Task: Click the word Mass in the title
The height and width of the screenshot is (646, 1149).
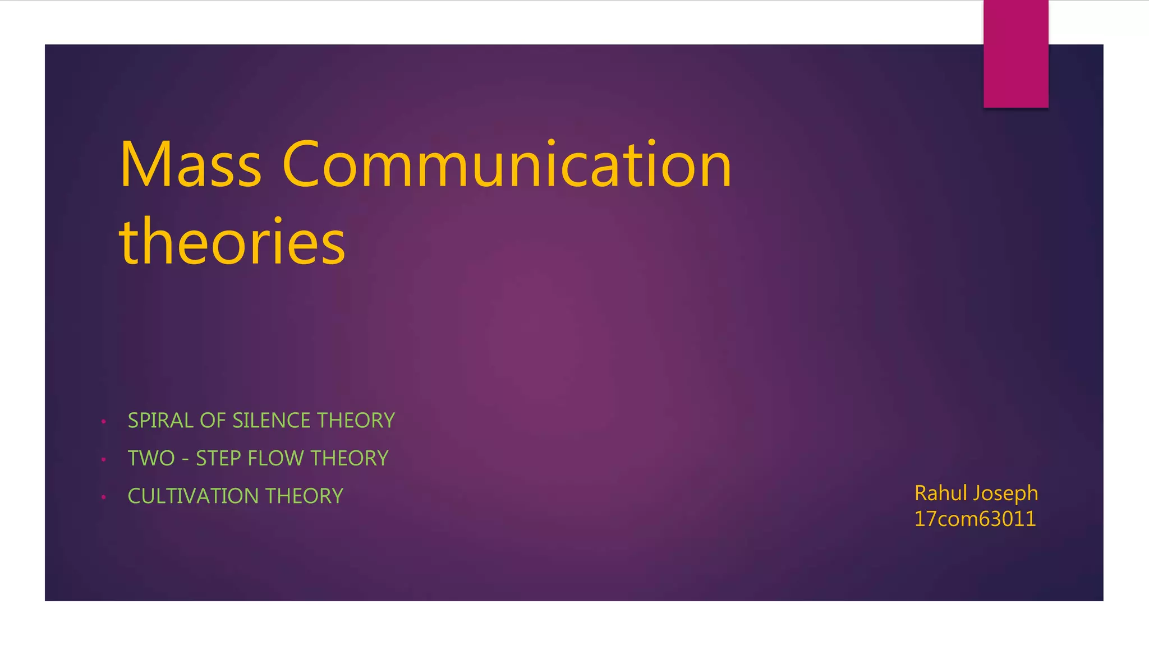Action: click(190, 165)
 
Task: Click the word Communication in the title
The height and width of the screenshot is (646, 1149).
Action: click(507, 165)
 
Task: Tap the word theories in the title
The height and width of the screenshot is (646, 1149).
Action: click(232, 242)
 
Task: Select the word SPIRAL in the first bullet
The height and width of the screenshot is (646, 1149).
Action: click(160, 421)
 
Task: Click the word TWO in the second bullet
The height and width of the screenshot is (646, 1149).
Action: click(151, 459)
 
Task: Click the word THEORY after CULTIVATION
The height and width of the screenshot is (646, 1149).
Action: click(304, 496)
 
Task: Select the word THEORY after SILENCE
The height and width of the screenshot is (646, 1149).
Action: click(356, 421)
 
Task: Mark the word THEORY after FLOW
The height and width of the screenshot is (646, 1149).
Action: click(350, 459)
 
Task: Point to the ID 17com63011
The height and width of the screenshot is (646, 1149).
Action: click(975, 519)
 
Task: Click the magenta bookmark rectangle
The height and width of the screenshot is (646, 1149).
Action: click(1015, 54)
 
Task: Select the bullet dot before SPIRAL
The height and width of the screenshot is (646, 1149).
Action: click(104, 422)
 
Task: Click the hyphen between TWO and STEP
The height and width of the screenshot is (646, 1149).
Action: click(185, 460)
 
